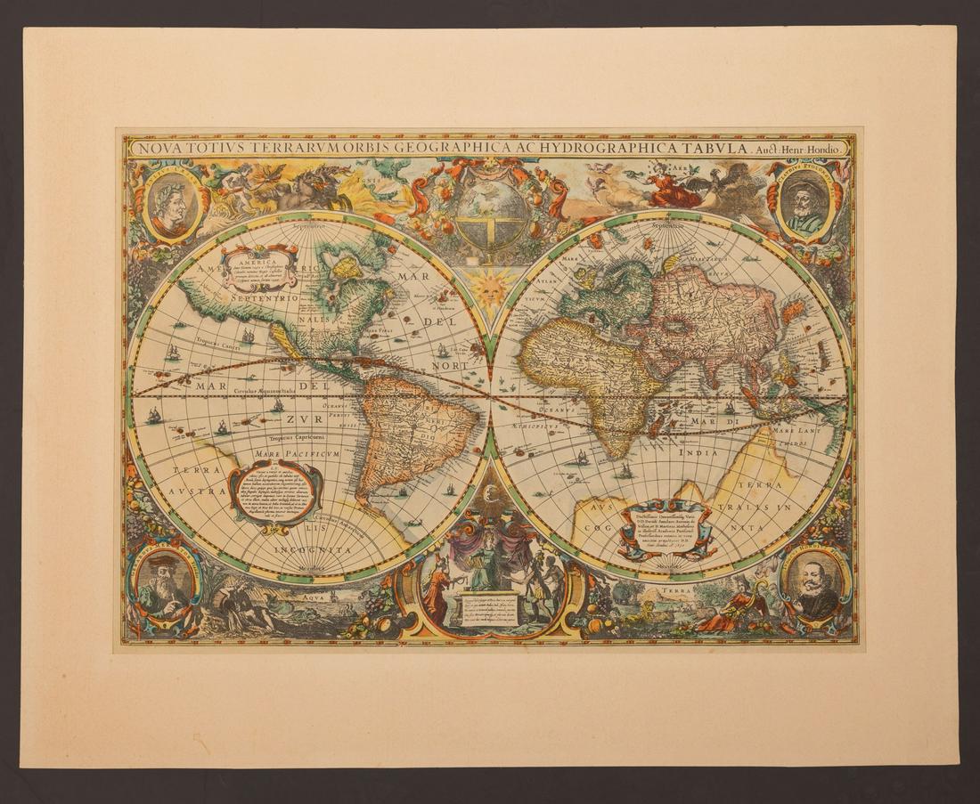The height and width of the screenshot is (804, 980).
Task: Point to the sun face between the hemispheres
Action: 489,288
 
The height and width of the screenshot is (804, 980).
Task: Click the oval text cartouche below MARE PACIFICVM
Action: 274,491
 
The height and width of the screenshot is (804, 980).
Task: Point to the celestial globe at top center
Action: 488,213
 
